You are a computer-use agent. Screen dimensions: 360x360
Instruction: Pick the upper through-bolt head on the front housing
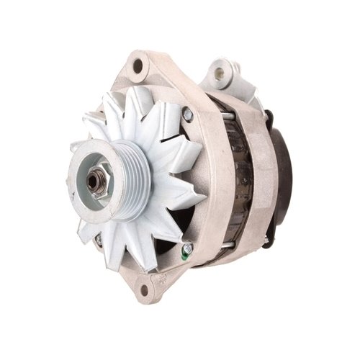point(187,113)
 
